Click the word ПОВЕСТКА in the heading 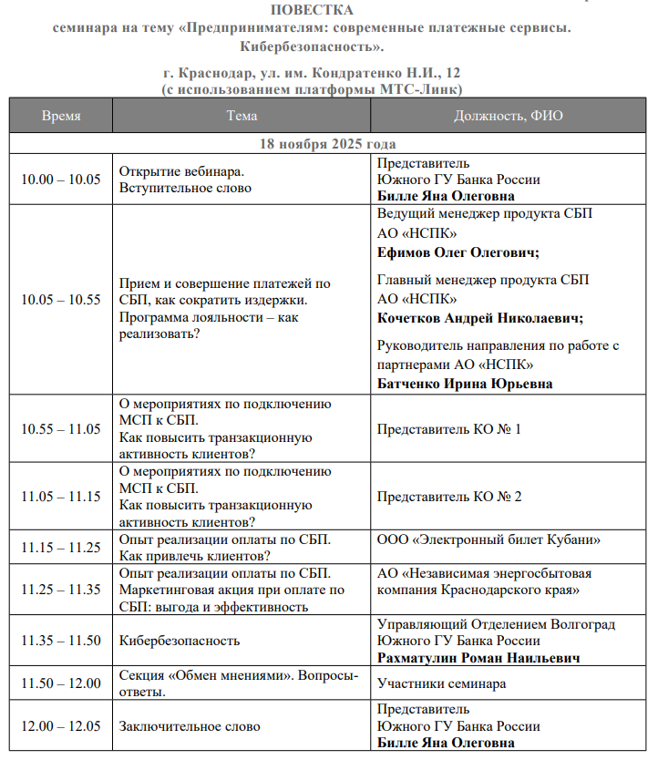coord(313,10)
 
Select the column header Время coord(61,116)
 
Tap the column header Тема coord(242,116)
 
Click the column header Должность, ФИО coord(509,116)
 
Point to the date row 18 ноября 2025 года coord(328,144)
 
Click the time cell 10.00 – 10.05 coord(61,180)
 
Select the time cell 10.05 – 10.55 coord(61,300)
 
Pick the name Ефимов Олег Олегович coord(458,253)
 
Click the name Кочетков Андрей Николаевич coord(479,318)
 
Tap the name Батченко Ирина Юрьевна coord(465,384)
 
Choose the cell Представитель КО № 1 coord(449,428)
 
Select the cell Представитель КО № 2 coord(449,497)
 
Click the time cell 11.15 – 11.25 coord(61,548)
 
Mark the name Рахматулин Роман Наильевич coord(479,657)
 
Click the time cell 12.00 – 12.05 coord(61,726)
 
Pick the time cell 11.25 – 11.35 coord(61,590)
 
